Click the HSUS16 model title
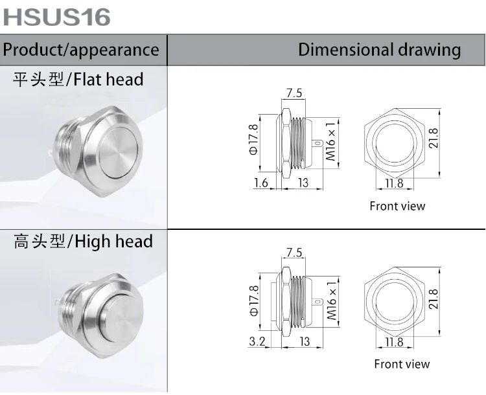pyautogui.click(x=57, y=17)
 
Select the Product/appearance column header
pyautogui.click(x=81, y=50)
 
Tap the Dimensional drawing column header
pyautogui.click(x=379, y=50)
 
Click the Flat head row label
pyautogui.click(x=78, y=80)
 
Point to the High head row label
pyautogui.click(x=83, y=242)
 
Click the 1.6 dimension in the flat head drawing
pyautogui.click(x=261, y=183)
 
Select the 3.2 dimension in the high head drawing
pyautogui.click(x=257, y=341)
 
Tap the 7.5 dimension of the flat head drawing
pyautogui.click(x=294, y=93)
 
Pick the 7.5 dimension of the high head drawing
pyautogui.click(x=294, y=252)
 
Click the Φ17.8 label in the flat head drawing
pyautogui.click(x=253, y=139)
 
